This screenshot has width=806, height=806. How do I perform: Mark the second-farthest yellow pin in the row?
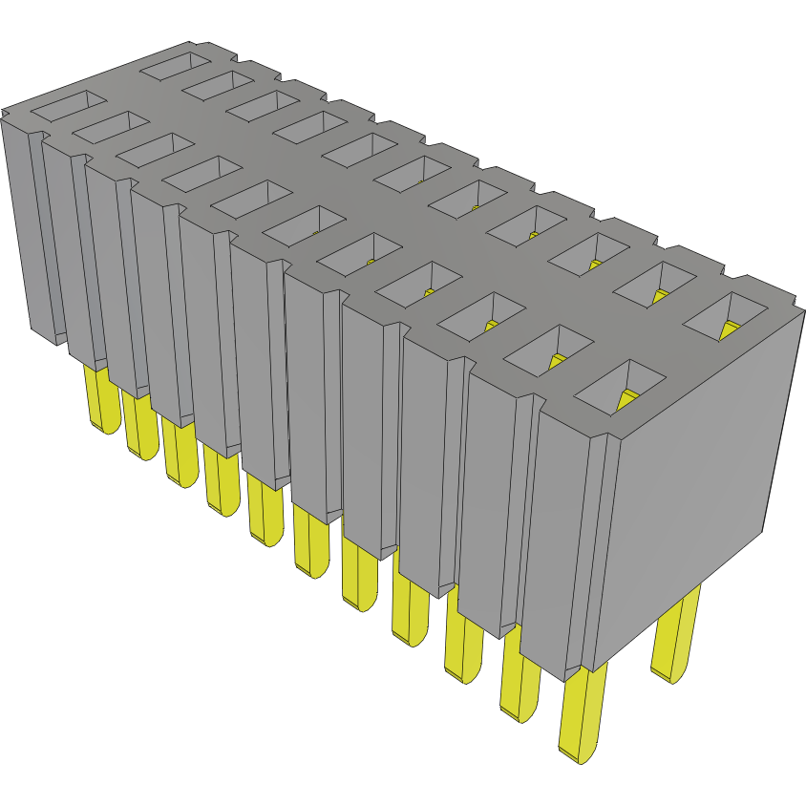[139, 426]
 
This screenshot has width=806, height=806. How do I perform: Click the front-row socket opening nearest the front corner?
[620, 387]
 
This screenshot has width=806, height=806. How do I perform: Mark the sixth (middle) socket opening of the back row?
[421, 171]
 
